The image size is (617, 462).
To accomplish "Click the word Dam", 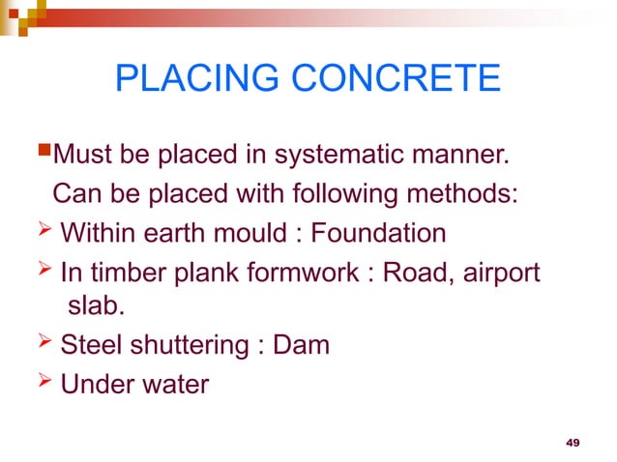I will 302,345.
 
